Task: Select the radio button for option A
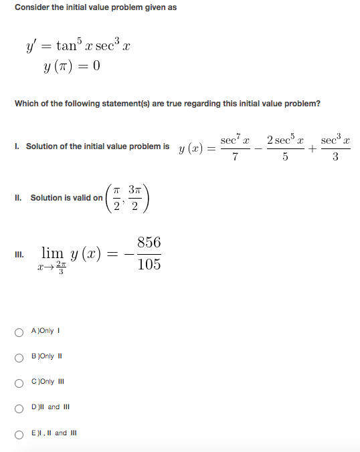pyautogui.click(x=19, y=331)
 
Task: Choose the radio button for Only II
pyautogui.click(x=19, y=356)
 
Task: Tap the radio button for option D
pyautogui.click(x=19, y=407)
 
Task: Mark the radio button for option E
pyautogui.click(x=19, y=433)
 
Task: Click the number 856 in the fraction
pyautogui.click(x=149, y=243)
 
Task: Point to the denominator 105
pyautogui.click(x=149, y=264)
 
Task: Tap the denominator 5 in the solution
pyautogui.click(x=284, y=156)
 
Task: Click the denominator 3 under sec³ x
pyautogui.click(x=335, y=156)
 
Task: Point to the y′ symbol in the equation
pyautogui.click(x=31, y=47)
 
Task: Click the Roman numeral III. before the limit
pyautogui.click(x=18, y=255)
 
